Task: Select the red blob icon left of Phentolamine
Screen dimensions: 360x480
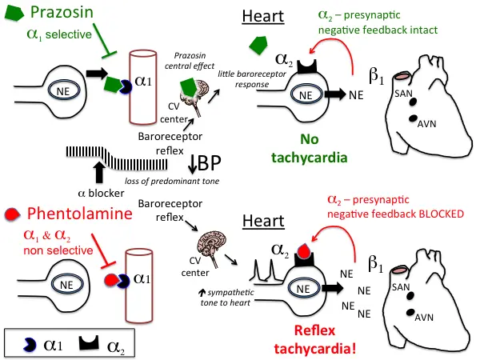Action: tap(12, 214)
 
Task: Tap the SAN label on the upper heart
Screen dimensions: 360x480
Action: tap(404, 94)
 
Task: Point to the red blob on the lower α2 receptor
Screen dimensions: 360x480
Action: tap(301, 251)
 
